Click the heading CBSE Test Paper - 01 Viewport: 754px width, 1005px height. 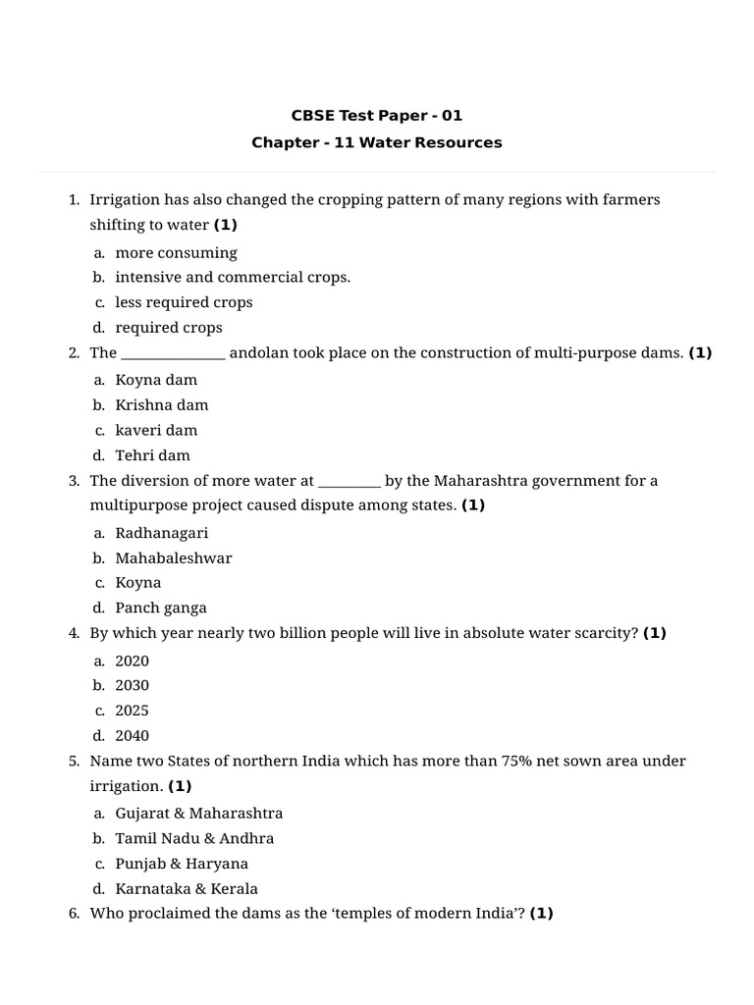[377, 116]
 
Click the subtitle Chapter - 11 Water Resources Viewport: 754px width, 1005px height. [377, 142]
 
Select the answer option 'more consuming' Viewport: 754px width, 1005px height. [176, 252]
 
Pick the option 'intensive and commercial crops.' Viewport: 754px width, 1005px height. [233, 277]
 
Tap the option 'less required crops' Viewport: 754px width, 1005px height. [184, 302]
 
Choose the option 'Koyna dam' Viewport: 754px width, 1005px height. [156, 380]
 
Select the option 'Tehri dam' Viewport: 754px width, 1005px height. [152, 455]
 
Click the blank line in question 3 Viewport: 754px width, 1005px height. [350, 482]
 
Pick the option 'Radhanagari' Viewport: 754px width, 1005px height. [162, 533]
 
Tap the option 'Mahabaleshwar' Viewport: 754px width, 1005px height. [174, 557]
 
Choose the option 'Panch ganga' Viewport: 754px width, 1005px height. [161, 608]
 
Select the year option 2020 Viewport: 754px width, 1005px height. [132, 661]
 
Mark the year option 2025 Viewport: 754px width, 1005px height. [132, 711]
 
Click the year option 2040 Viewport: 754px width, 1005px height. [132, 735]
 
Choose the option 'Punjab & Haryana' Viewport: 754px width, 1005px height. [182, 864]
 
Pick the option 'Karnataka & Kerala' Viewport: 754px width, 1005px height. [187, 889]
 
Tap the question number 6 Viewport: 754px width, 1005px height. [74, 914]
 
